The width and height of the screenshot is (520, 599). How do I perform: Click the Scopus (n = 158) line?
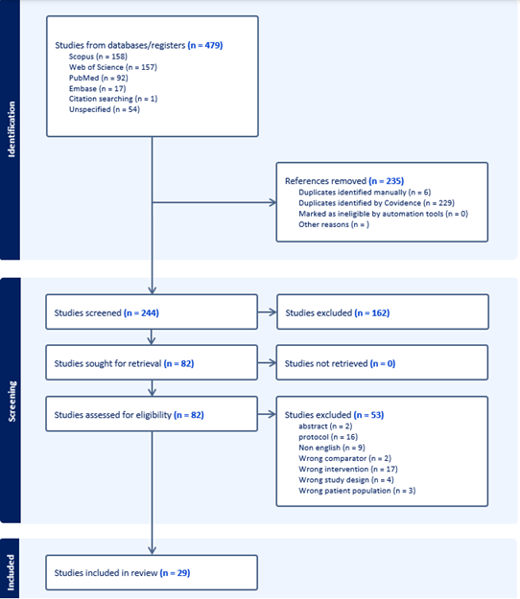pyautogui.click(x=98, y=57)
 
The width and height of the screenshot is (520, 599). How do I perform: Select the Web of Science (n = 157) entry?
pyautogui.click(x=113, y=67)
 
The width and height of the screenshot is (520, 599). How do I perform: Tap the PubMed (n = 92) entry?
pyautogui.click(x=98, y=78)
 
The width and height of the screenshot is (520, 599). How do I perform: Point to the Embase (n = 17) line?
pyautogui.click(x=97, y=88)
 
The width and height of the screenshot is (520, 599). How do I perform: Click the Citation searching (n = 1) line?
pyautogui.click(x=113, y=99)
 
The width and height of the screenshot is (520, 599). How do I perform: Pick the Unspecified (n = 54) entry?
pyautogui.click(x=105, y=109)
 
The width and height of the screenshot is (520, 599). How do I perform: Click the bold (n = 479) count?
pyautogui.click(x=205, y=45)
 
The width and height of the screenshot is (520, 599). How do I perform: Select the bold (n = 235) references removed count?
pyautogui.click(x=387, y=181)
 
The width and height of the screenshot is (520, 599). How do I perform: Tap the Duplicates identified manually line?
pyautogui.click(x=365, y=192)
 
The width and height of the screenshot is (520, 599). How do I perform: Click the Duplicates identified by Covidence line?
pyautogui.click(x=376, y=203)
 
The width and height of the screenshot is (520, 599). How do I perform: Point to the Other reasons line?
pyautogui.click(x=334, y=224)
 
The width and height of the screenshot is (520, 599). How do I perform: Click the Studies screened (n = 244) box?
pyautogui.click(x=152, y=311)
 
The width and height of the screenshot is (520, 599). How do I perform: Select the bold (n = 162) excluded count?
pyautogui.click(x=372, y=312)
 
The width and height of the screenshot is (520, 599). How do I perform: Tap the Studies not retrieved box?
pyautogui.click(x=382, y=362)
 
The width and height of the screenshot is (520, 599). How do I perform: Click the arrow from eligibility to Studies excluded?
pyautogui.click(x=267, y=414)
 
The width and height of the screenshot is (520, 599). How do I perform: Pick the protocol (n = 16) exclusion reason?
pyautogui.click(x=328, y=437)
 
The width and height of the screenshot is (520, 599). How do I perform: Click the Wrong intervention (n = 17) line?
pyautogui.click(x=348, y=469)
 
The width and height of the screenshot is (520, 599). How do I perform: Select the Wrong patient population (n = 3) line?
pyautogui.click(x=357, y=491)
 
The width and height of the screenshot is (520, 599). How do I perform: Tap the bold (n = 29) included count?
pyautogui.click(x=176, y=573)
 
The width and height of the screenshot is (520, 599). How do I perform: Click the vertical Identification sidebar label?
pyautogui.click(x=12, y=129)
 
